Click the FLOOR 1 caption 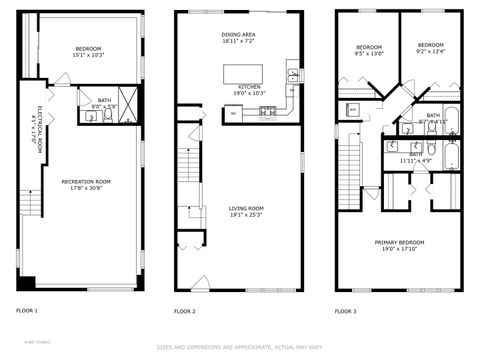click(x=27, y=311)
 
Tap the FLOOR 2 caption click(x=184, y=311)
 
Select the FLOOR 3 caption click(x=344, y=311)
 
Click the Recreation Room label click(x=85, y=181)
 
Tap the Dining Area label click(x=238, y=35)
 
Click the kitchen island click(x=240, y=72)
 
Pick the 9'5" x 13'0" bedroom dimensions click(x=369, y=53)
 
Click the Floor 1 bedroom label click(x=89, y=48)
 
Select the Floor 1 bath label click(x=104, y=100)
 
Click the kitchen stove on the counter click(x=268, y=111)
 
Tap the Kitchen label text click(x=250, y=87)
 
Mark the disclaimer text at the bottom click(x=240, y=348)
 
